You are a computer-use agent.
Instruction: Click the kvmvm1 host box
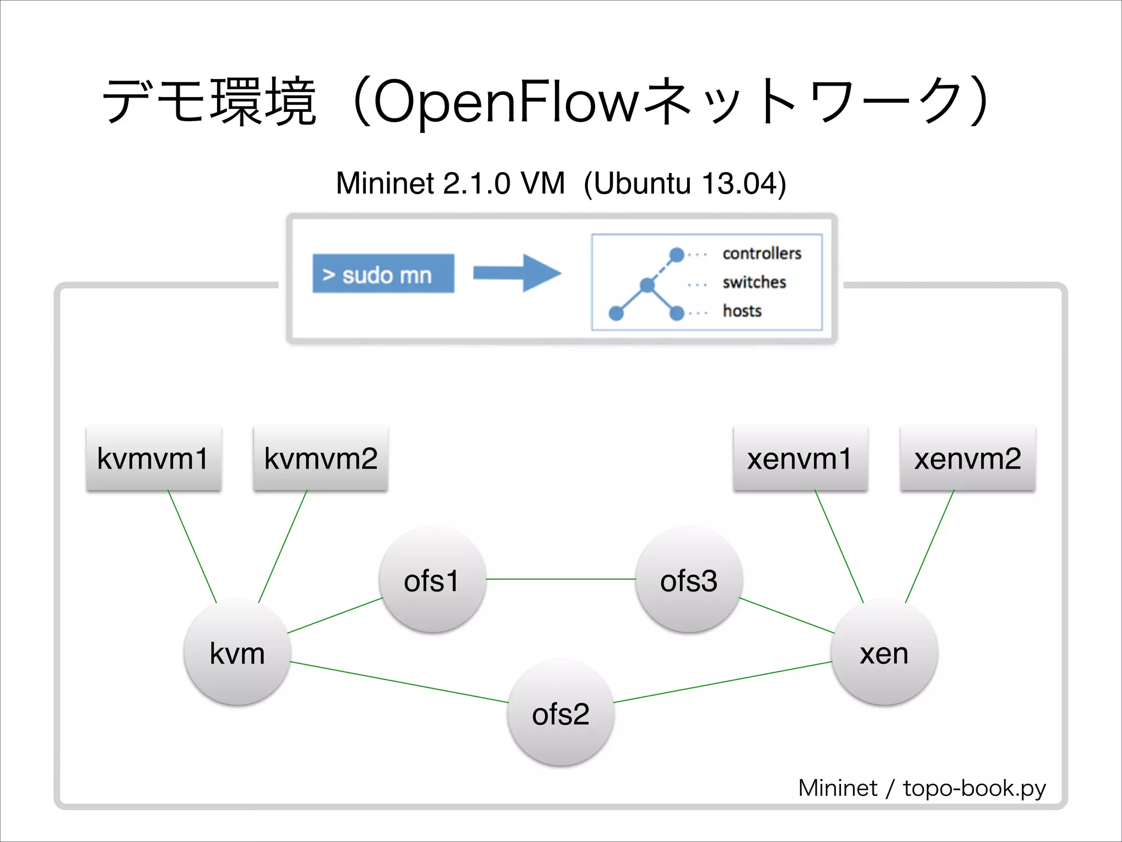coord(153,458)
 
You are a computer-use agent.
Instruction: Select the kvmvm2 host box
coord(320,458)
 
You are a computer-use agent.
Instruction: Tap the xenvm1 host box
coord(800,458)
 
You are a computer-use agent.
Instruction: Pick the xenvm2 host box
coord(968,458)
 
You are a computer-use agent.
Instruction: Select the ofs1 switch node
coord(432,580)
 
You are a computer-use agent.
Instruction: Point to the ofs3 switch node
coord(689,580)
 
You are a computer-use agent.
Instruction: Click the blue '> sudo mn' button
coord(383,274)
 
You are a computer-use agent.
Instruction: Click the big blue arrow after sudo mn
coord(517,273)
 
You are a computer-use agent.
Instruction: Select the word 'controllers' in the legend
coord(762,253)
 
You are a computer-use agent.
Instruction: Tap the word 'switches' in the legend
coord(754,282)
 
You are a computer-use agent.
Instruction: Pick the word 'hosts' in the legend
coord(742,311)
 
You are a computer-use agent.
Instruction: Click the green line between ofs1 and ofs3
coord(560,579)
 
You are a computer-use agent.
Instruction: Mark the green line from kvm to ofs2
coord(399,682)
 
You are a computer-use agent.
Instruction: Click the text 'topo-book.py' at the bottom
coord(974,788)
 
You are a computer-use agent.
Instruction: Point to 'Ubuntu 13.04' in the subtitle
coord(685,183)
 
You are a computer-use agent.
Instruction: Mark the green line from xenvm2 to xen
coord(930,546)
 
